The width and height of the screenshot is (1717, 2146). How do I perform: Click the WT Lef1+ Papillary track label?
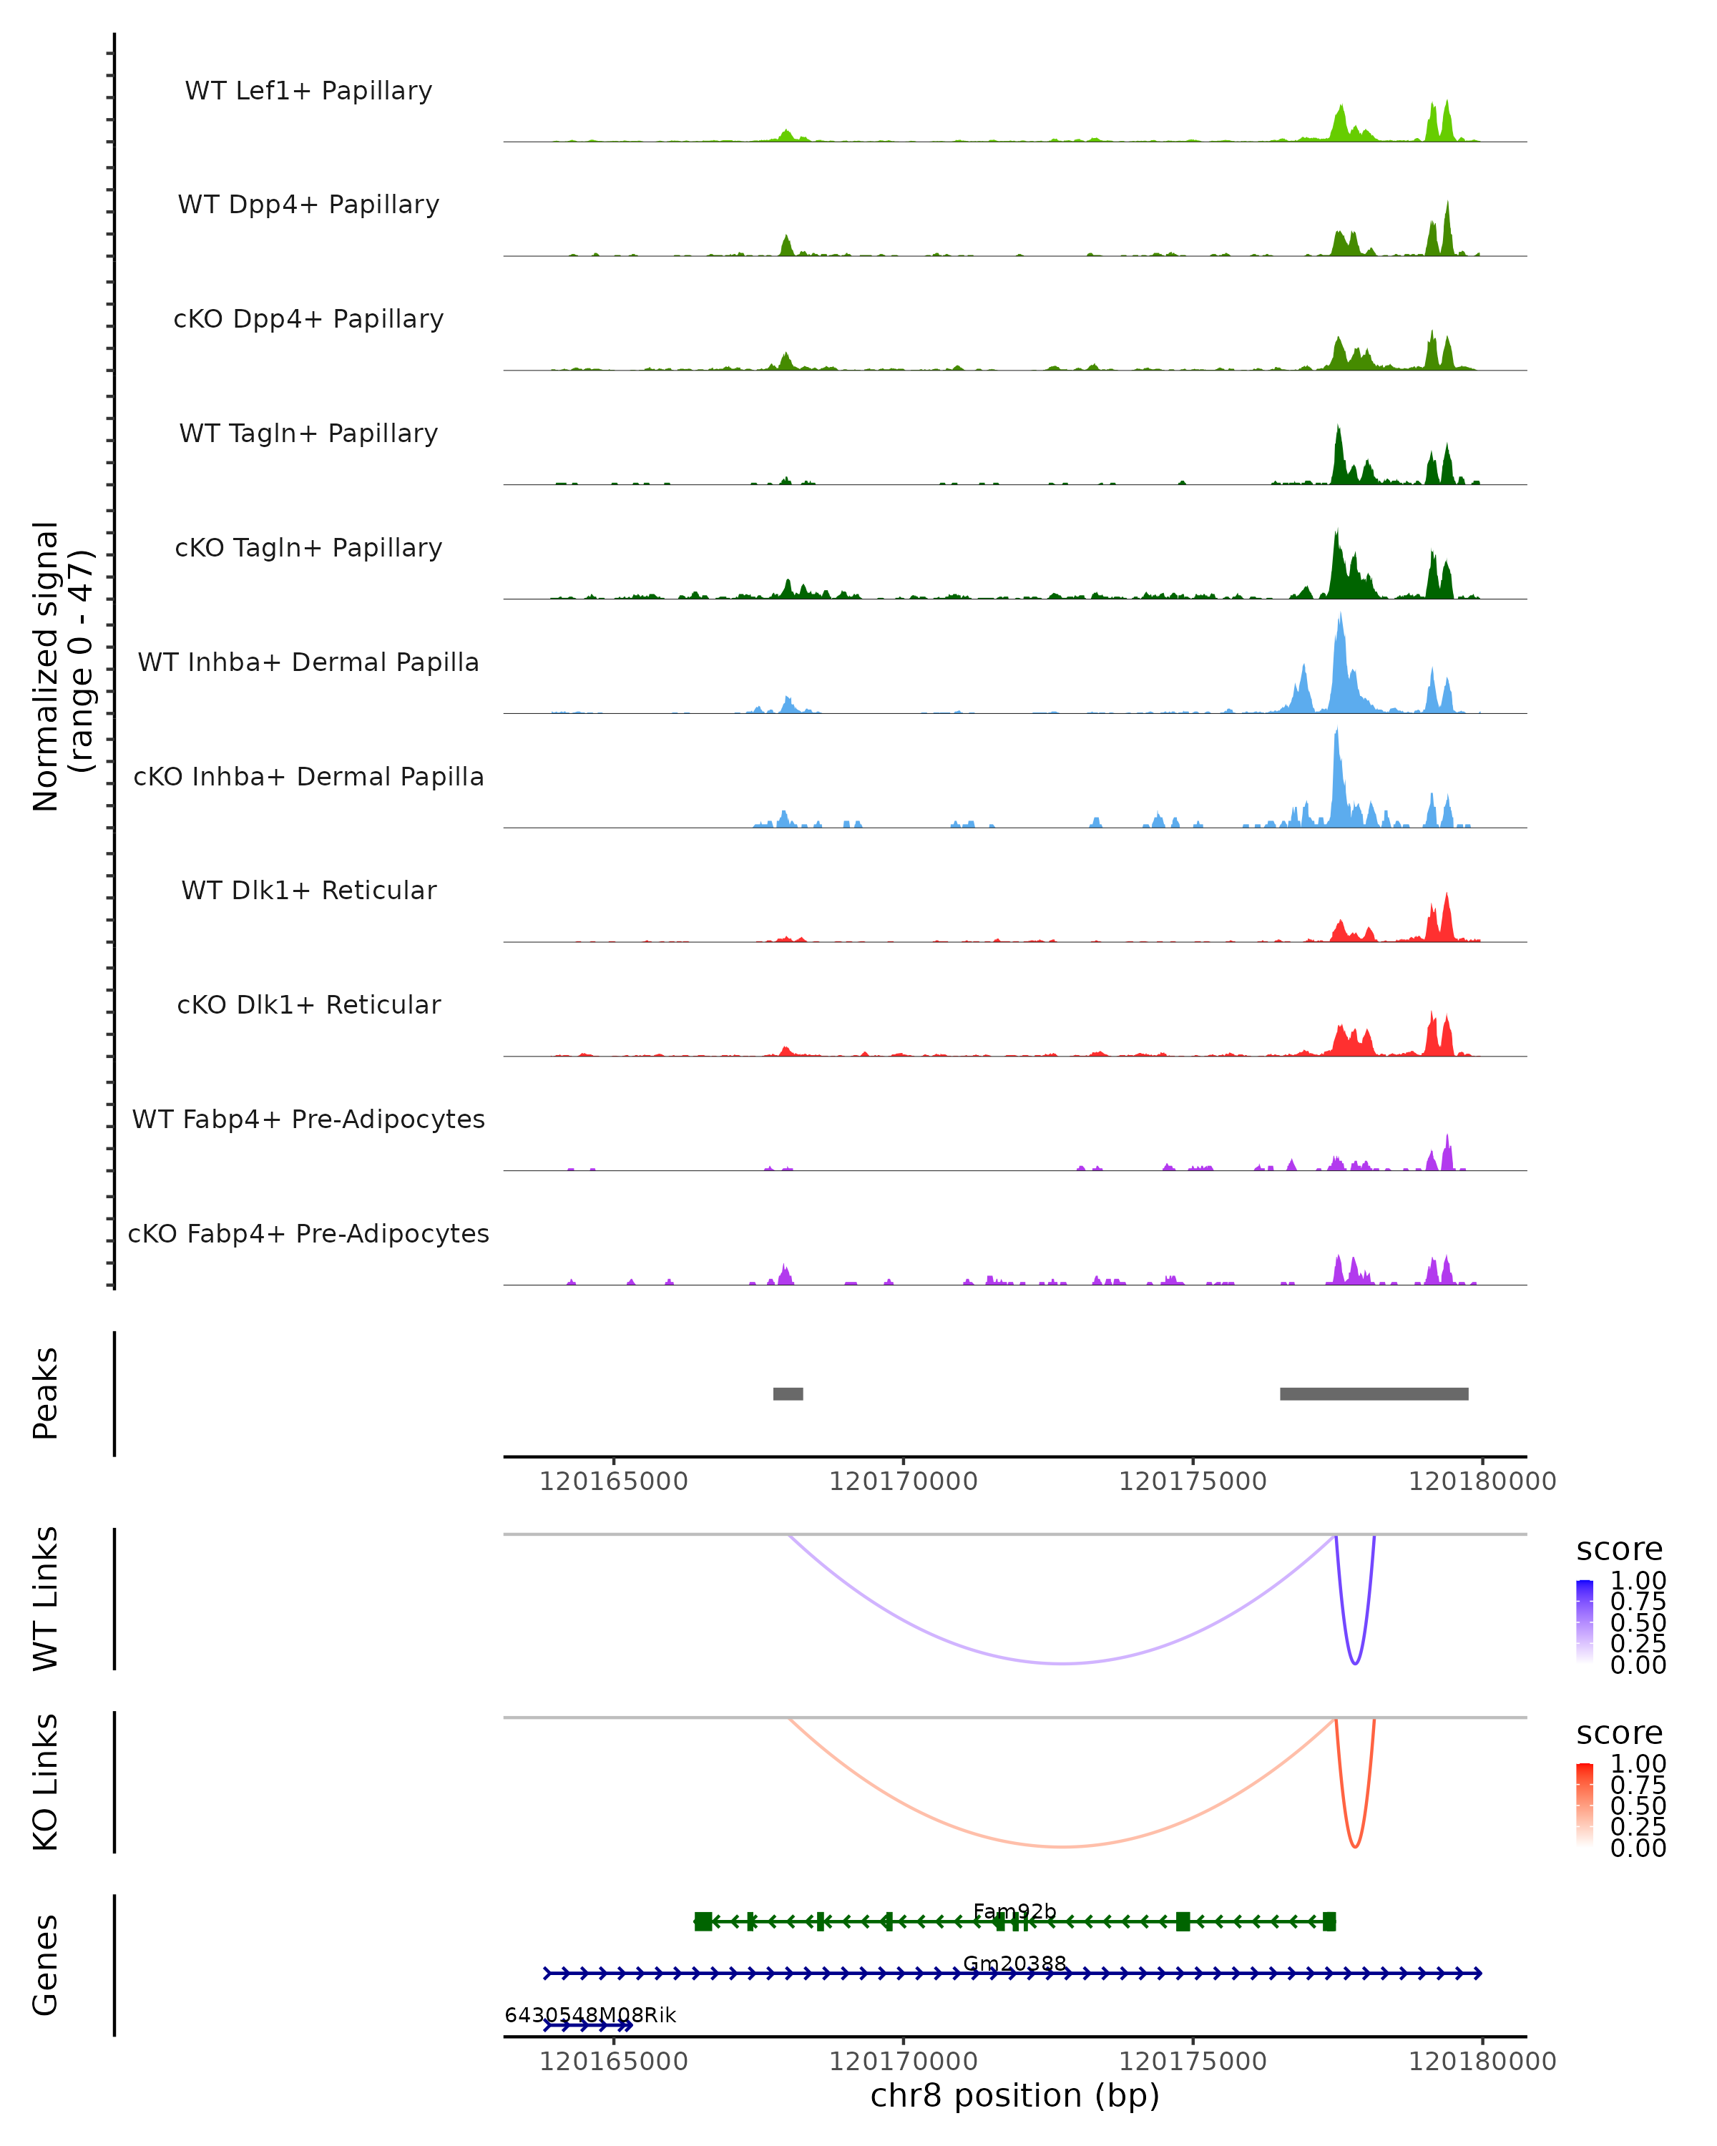coord(308,91)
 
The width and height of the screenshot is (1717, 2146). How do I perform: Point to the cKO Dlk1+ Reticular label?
coord(308,1004)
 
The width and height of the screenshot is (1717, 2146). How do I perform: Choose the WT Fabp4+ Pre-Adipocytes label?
coord(308,1119)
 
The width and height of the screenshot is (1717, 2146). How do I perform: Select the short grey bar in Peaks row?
coord(788,1393)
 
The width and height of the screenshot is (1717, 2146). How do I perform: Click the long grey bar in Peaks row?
coord(1374,1393)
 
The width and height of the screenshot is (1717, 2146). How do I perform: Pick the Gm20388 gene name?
coord(1014,1963)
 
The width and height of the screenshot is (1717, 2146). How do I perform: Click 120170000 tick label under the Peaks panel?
coord(903,1481)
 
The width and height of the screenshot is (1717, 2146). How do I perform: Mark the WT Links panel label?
coord(46,1599)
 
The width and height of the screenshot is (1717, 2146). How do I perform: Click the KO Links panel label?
coord(46,1782)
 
